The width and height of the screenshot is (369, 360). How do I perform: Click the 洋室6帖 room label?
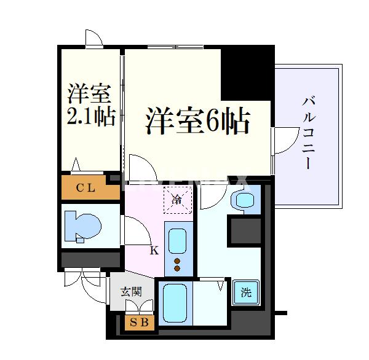197,120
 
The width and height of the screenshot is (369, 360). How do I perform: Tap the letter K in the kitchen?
154,250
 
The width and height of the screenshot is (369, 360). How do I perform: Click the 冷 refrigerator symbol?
178,198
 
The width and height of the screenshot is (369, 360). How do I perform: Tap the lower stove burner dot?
178,268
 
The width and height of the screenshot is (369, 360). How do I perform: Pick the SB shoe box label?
139,323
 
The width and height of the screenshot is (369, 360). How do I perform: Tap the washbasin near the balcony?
244,201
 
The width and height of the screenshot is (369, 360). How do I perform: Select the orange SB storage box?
139,323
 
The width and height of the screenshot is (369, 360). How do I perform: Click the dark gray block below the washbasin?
245,230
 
